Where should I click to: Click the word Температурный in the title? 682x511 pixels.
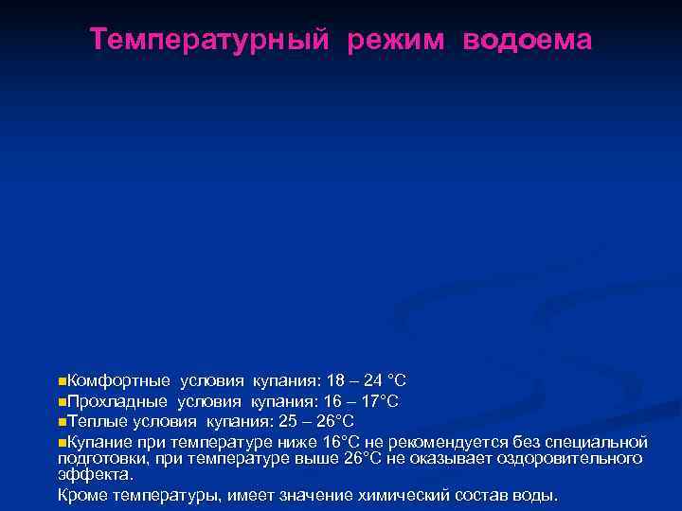pyautogui.click(x=209, y=40)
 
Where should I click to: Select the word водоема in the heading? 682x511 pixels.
pyautogui.click(x=528, y=40)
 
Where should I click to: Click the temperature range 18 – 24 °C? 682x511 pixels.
pyautogui.click(x=366, y=381)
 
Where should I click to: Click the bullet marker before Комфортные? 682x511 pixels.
pyautogui.click(x=62, y=381)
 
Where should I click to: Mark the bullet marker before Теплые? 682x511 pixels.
pyautogui.click(x=62, y=421)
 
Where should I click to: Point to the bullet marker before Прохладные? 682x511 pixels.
pyautogui.click(x=62, y=401)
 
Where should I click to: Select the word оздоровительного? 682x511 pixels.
pyautogui.click(x=575, y=459)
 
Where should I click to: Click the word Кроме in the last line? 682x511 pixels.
pyautogui.click(x=82, y=495)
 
